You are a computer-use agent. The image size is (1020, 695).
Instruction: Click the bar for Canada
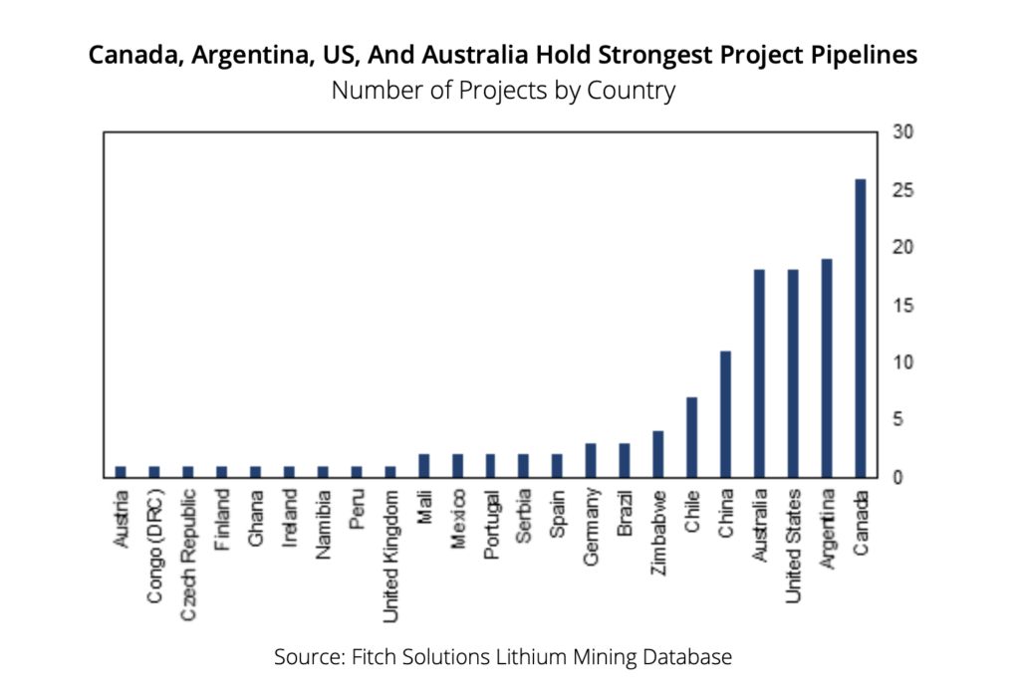coord(860,329)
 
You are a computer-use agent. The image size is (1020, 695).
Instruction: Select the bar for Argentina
coord(826,368)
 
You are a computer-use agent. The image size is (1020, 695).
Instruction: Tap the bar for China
coord(725,414)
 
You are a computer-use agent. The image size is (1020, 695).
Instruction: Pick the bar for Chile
coord(691,437)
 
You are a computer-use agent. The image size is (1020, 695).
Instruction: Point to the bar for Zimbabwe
coord(657,454)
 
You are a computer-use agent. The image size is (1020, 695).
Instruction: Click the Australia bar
coord(759,373)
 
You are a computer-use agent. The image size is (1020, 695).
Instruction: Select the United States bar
coord(793,373)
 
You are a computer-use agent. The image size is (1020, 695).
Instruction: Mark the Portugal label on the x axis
coord(491,524)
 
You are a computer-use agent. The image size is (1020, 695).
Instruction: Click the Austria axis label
coord(121,517)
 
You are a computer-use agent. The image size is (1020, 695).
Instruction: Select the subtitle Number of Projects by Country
coord(503,91)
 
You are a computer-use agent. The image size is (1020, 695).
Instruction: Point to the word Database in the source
coord(688,657)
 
